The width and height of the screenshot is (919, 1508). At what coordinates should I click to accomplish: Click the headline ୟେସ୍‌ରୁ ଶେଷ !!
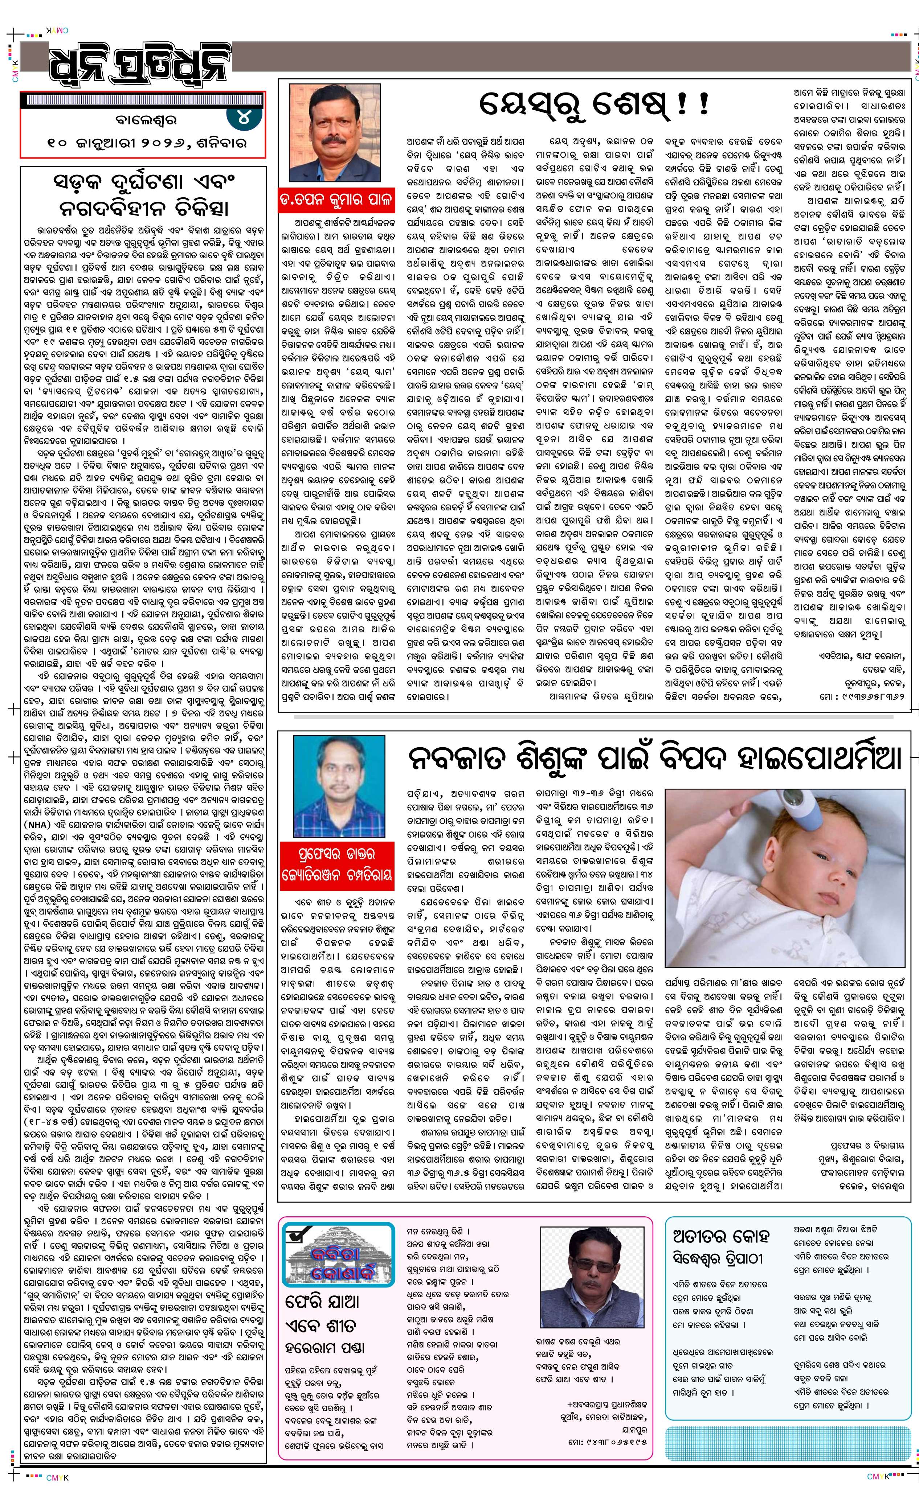click(x=590, y=105)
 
